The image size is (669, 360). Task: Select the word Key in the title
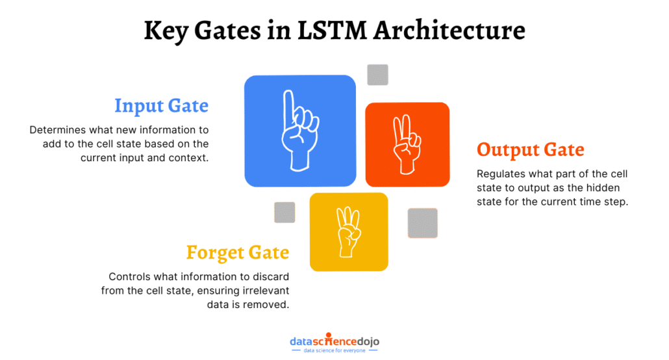pos(167,31)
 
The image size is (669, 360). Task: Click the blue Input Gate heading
pos(161,105)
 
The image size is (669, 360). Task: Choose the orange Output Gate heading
pos(530,150)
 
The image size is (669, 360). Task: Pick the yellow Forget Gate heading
pos(238,252)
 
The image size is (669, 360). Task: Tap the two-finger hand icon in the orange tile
pos(407,144)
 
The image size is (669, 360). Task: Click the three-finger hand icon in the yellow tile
pos(349,231)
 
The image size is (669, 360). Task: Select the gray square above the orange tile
pos(377,75)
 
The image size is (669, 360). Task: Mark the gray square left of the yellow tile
pos(284,212)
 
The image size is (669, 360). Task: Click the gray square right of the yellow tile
pos(422,223)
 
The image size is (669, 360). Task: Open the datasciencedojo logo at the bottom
pos(334,341)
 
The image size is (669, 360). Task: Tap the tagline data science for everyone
pos(334,351)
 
